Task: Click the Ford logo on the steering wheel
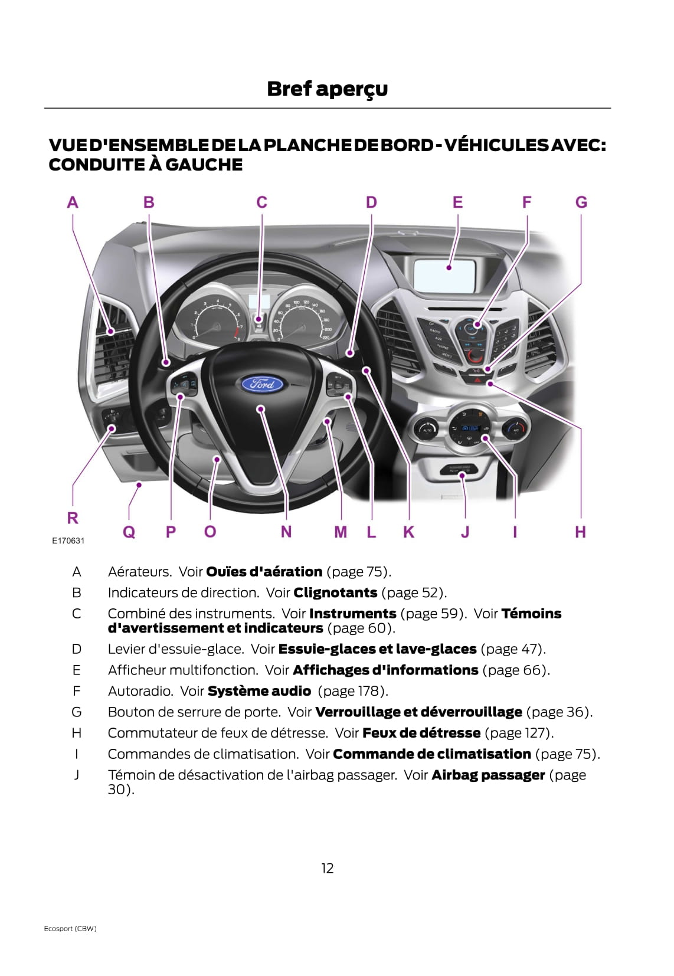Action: pyautogui.click(x=262, y=385)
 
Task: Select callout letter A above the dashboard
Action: pyautogui.click(x=73, y=203)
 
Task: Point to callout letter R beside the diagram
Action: pyautogui.click(x=73, y=518)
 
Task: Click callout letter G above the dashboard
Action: pyautogui.click(x=581, y=203)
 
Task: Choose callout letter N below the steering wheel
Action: pyautogui.click(x=286, y=532)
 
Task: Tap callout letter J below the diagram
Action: pyautogui.click(x=465, y=532)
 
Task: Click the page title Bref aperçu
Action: pyautogui.click(x=327, y=89)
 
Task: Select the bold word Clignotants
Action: pyautogui.click(x=335, y=592)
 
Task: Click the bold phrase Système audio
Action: pyautogui.click(x=259, y=691)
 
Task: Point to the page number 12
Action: pyautogui.click(x=328, y=868)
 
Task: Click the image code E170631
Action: pyautogui.click(x=68, y=541)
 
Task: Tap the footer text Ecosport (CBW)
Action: pyautogui.click(x=70, y=928)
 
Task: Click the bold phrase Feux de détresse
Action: pyautogui.click(x=421, y=733)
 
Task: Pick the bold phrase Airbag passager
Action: pyautogui.click(x=488, y=775)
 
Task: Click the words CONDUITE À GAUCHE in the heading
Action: pyautogui.click(x=145, y=165)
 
